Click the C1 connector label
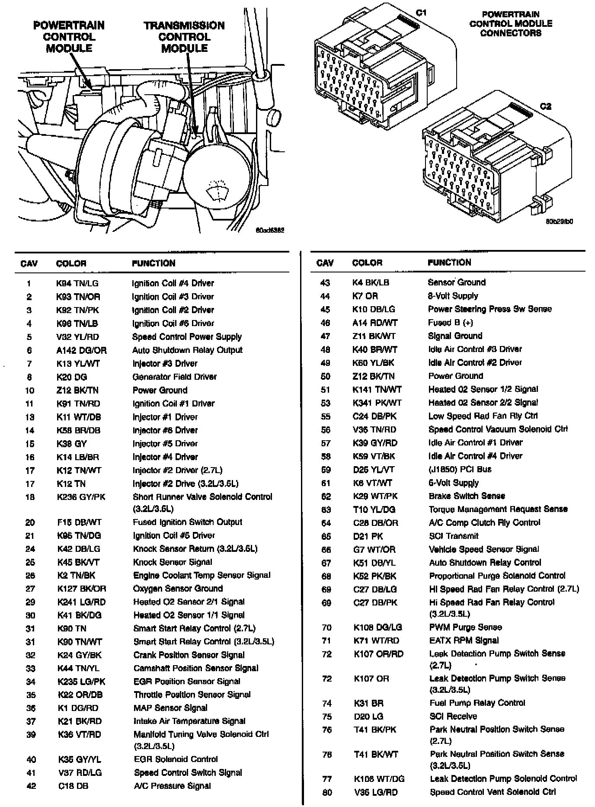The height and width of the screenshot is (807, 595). (421, 13)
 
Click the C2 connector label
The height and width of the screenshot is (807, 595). (546, 106)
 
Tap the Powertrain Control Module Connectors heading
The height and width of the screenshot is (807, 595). (511, 23)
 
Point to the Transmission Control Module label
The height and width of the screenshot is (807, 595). (184, 37)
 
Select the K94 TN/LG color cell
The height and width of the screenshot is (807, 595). (77, 283)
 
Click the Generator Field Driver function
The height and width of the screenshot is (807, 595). (174, 377)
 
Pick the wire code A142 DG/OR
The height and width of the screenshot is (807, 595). (81, 350)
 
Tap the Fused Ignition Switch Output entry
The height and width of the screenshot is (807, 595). (187, 522)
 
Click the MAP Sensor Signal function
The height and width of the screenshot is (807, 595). (170, 708)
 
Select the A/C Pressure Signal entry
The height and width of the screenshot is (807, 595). (172, 786)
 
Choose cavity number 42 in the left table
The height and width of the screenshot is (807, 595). (31, 786)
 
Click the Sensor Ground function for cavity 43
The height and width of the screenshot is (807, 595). (457, 282)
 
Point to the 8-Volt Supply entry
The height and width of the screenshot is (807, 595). (453, 296)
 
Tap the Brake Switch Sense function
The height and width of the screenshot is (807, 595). (467, 496)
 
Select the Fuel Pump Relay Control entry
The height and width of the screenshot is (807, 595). (477, 703)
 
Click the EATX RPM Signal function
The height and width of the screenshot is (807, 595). (464, 640)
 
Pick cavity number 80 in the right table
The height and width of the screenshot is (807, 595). (327, 792)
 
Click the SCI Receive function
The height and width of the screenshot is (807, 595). (453, 716)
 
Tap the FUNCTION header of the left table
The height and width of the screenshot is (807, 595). (154, 263)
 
